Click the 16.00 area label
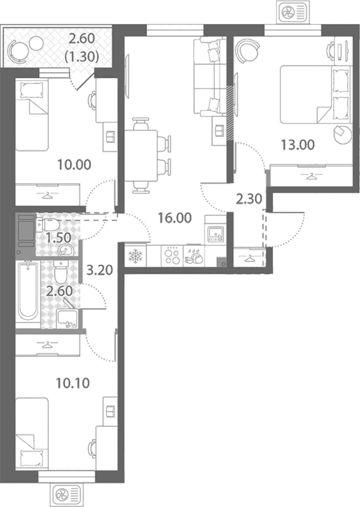175,218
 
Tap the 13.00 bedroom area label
298,145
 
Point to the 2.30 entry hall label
249,199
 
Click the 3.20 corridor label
100,270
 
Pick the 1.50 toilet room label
58,238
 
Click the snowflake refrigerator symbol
135,256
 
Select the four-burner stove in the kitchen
172,256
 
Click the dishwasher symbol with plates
194,256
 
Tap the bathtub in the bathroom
28,291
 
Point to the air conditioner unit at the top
293,12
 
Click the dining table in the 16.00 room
141,156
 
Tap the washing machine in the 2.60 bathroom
67,319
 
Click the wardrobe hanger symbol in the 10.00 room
48,195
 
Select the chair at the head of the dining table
141,123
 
